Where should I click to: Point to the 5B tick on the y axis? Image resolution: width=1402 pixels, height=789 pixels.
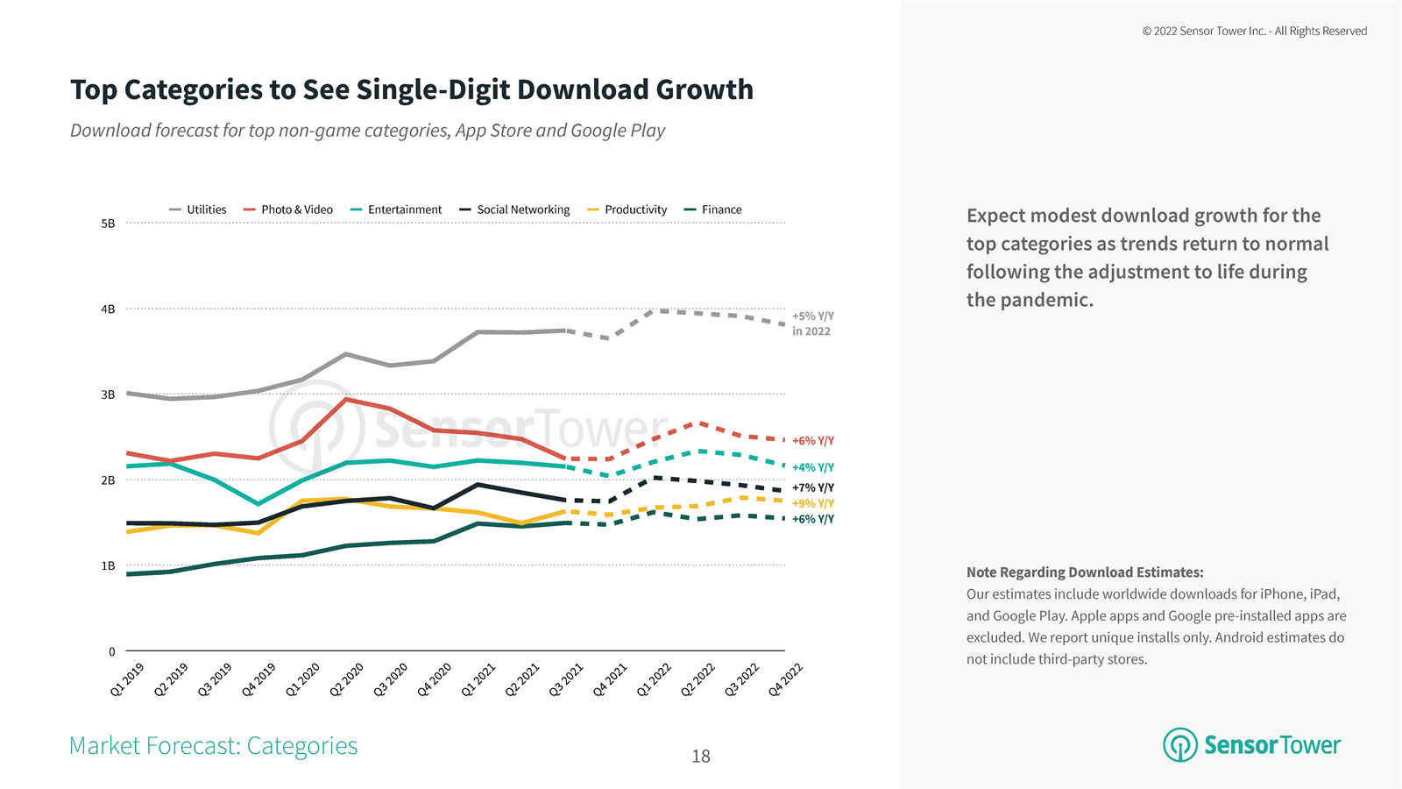point(108,224)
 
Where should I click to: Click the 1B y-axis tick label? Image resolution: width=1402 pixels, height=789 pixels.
point(108,566)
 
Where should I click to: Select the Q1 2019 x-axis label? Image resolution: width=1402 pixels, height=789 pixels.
point(128,679)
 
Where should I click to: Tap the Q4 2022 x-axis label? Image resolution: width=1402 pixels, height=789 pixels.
point(786,679)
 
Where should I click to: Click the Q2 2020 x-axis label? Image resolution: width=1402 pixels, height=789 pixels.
point(347,679)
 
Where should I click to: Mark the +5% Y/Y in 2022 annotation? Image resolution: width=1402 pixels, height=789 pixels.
point(812,323)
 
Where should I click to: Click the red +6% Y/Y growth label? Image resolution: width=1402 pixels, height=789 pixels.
point(812,441)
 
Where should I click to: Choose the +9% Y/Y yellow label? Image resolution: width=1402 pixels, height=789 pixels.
point(812,503)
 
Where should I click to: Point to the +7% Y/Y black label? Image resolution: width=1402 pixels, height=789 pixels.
point(812,487)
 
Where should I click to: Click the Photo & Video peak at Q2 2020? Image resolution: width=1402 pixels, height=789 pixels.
point(346,400)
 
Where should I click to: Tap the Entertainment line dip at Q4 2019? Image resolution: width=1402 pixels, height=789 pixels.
point(258,504)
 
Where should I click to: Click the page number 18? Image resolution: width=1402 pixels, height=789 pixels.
point(701,756)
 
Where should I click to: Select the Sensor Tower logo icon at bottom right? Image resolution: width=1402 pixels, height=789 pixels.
point(1179,745)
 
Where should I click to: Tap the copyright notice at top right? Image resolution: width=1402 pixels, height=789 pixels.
point(1254,31)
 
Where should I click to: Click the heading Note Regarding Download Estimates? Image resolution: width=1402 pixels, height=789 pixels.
point(1085,572)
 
